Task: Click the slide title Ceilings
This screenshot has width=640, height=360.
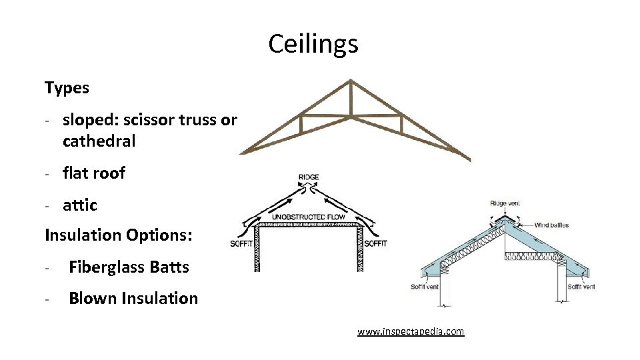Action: coord(313,45)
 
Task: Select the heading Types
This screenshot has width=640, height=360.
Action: coord(67,87)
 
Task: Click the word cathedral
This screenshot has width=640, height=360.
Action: coord(99,141)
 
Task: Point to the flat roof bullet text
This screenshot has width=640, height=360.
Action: coord(94,173)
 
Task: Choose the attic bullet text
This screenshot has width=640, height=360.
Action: coord(80,205)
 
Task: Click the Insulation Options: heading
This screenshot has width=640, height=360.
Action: coord(118,235)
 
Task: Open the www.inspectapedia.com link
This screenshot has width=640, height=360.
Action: coord(411,331)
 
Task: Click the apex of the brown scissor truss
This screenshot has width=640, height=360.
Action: coord(350,81)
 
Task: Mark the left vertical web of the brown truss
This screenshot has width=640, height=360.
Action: coord(301,125)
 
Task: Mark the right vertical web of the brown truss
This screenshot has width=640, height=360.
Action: coord(401,125)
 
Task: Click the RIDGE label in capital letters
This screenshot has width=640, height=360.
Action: coord(309,177)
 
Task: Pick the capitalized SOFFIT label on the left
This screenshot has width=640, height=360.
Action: coord(241,243)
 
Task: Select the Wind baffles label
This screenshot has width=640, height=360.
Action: coord(553,225)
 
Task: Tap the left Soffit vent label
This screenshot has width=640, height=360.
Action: coord(425,287)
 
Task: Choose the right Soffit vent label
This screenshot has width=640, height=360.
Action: coord(581,287)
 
